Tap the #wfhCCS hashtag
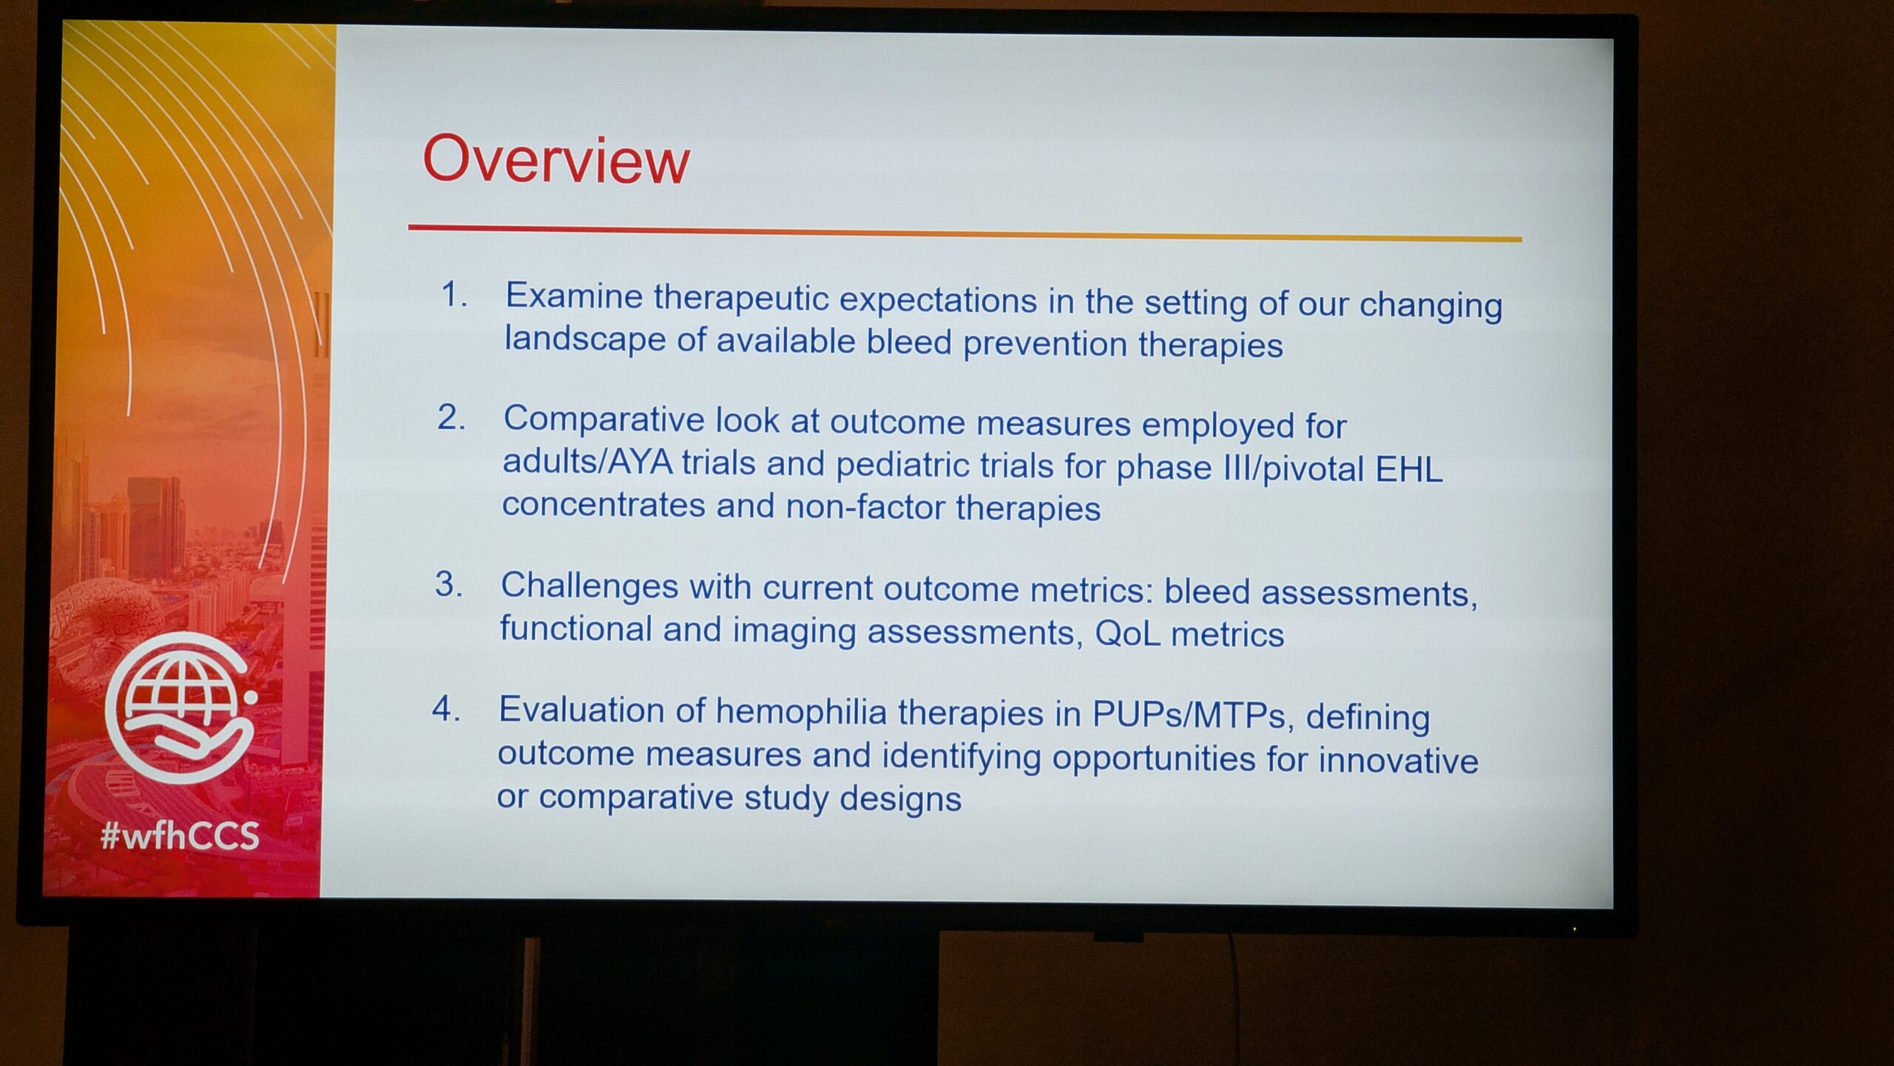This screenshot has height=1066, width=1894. (x=180, y=836)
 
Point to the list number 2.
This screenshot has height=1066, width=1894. (x=451, y=418)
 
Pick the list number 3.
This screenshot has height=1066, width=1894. (x=448, y=584)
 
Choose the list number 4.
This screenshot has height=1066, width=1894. (x=446, y=708)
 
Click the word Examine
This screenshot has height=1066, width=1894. (x=574, y=296)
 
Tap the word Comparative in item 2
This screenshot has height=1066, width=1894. (x=604, y=419)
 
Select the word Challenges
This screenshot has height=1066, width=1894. (x=590, y=585)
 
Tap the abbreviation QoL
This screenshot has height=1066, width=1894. (x=1128, y=634)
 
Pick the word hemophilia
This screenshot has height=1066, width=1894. (x=801, y=712)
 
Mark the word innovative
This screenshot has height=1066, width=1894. (x=1398, y=760)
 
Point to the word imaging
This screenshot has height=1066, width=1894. (x=794, y=631)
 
